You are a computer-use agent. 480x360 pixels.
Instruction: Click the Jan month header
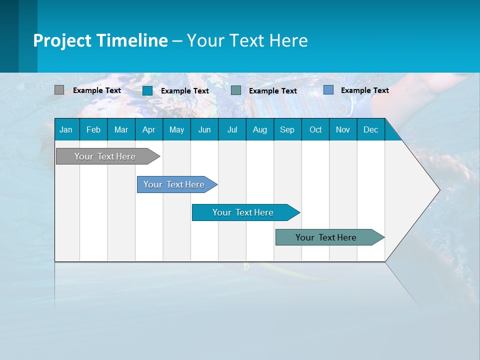[66, 129]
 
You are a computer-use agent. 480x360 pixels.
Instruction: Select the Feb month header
[93, 129]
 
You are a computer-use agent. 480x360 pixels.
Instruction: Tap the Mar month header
[121, 129]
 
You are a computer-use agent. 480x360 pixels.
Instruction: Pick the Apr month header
[149, 129]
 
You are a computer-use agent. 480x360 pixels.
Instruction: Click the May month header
[176, 129]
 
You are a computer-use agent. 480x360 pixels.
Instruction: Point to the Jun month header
[204, 129]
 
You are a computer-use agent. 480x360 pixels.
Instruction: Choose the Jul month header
[232, 129]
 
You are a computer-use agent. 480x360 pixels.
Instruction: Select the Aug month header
[260, 129]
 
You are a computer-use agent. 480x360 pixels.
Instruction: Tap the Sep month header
[287, 129]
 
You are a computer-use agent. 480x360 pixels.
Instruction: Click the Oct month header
[315, 129]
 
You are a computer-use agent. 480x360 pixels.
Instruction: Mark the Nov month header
[343, 129]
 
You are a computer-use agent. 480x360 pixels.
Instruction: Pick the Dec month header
[371, 129]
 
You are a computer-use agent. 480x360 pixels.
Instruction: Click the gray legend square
[59, 90]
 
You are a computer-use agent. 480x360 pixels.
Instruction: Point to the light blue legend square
[328, 90]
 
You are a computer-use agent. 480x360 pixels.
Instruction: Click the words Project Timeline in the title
[100, 40]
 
